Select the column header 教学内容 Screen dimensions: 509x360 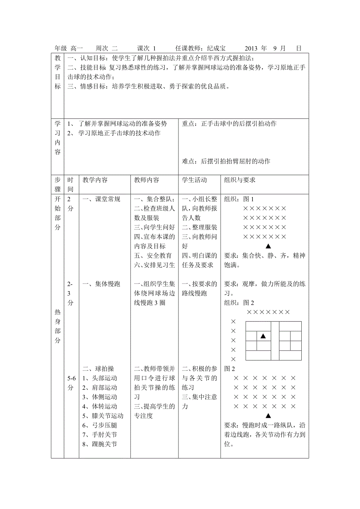[95, 180]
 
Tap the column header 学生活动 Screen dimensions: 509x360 [194, 180]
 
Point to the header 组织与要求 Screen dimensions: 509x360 [240, 180]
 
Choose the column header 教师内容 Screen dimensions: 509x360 [147, 180]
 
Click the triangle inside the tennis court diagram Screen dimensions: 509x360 [263, 336]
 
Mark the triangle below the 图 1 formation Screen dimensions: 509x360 [268, 246]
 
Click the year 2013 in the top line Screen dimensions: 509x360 [252, 48]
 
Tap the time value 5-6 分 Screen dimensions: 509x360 [70, 383]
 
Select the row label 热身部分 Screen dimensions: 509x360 [58, 326]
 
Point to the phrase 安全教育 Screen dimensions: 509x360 [159, 256]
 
